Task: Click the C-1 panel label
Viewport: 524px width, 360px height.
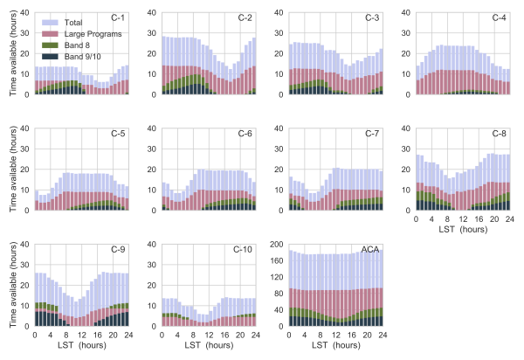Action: coord(121,17)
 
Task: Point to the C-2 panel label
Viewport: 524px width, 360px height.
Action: coord(247,17)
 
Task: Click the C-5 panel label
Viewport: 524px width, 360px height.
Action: coord(121,134)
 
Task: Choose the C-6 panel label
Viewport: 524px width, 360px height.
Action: coord(247,134)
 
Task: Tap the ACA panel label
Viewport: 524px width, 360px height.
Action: coord(372,250)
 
